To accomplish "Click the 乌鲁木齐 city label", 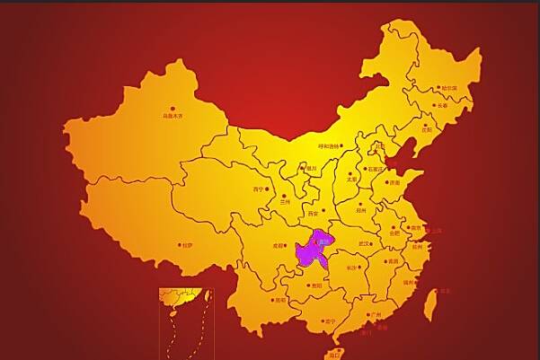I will pos(173,116).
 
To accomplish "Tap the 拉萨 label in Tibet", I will pos(186,244).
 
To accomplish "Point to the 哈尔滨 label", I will pos(448,88).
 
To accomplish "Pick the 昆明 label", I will pos(280,300).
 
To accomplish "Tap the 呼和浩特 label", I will pos(329,146).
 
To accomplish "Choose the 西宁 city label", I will pos(260,189).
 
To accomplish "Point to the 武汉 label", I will pos(364,243).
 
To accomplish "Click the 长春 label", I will pos(440,105).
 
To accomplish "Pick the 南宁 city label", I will pos(330,320).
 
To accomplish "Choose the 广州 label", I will pos(376,315).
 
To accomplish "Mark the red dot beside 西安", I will pos(324,209).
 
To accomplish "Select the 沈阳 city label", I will pos(426,129).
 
